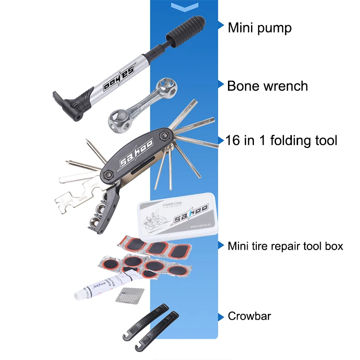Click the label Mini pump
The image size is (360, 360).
tap(259, 28)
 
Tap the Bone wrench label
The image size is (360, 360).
tap(267, 86)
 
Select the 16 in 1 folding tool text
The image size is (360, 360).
tap(281, 141)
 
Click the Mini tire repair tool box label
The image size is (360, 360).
tap(285, 246)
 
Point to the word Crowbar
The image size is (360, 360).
tap(249, 316)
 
